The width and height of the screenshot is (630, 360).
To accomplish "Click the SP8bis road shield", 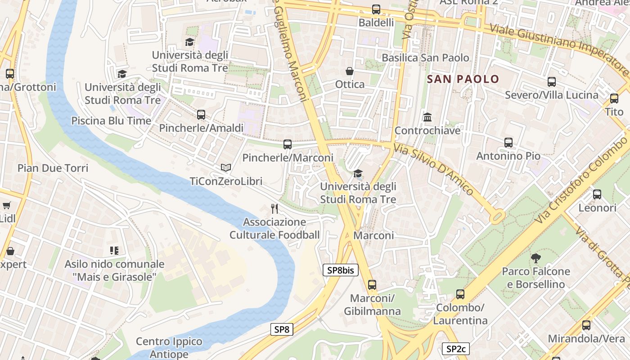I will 340,270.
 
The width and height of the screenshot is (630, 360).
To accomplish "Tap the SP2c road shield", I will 455,348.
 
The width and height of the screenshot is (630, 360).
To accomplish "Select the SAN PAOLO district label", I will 463,79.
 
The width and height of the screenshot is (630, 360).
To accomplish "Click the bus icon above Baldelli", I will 376,9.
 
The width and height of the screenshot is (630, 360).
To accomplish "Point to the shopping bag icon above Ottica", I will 349,71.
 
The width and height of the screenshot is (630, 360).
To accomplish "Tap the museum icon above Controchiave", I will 427,117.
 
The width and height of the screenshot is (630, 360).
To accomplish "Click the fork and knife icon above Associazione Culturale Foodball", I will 274,208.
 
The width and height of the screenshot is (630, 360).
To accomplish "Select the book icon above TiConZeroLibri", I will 225,168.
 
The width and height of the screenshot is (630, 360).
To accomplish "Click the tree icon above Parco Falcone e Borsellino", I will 535,258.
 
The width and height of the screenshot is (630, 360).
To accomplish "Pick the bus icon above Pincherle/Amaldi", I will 201,115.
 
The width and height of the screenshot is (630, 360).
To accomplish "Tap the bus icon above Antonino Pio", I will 508,143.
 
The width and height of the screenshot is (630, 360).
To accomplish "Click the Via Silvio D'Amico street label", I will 433,169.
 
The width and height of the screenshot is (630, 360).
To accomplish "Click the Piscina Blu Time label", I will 111,121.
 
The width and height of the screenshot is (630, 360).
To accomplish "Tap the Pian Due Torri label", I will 53,168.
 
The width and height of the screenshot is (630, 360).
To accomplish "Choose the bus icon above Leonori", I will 597,194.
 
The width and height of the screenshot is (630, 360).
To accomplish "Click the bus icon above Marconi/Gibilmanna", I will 372,284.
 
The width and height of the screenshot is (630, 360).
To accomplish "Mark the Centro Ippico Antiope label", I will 169,348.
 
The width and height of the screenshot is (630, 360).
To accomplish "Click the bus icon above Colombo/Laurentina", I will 460,294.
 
